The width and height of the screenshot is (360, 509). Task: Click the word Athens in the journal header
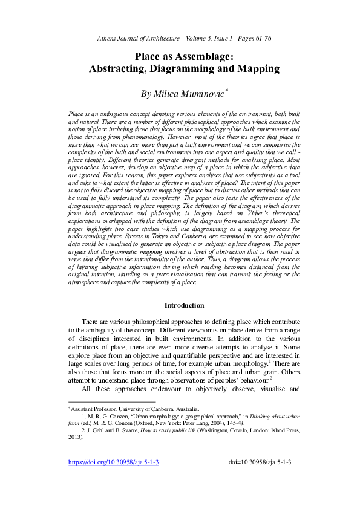pos(108,38)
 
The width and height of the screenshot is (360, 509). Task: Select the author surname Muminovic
pos(197,94)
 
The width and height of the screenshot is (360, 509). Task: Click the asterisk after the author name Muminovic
pos(226,91)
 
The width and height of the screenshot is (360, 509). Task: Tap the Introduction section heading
pos(184,305)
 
